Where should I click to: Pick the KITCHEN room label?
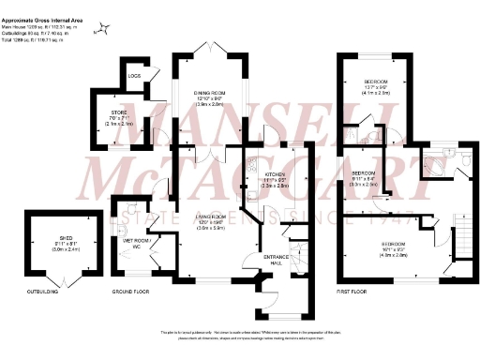(x=274, y=174)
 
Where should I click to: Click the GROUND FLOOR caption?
(x=130, y=292)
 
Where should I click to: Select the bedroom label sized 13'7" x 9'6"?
(x=376, y=82)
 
